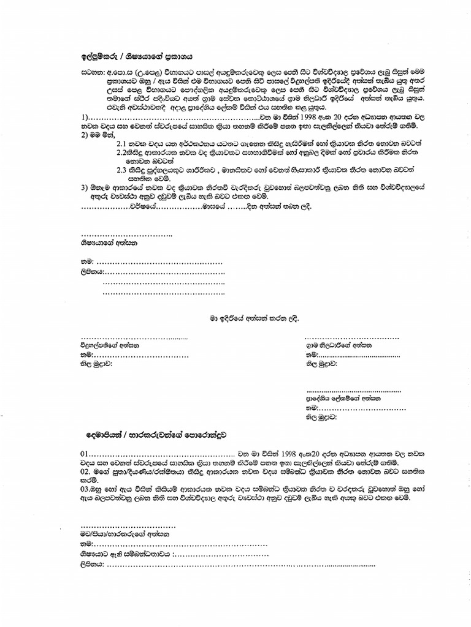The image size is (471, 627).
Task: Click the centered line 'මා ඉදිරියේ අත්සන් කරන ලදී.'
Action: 252,318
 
